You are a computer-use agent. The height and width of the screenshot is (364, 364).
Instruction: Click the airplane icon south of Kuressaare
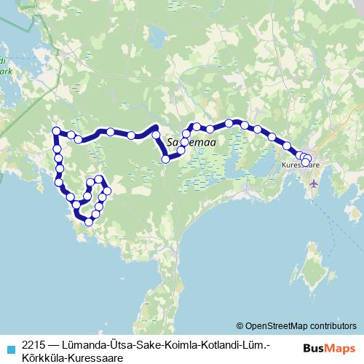point(314,182)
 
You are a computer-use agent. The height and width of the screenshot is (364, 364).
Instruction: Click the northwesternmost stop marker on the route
point(56,131)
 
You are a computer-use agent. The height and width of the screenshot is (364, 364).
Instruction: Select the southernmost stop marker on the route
point(90,223)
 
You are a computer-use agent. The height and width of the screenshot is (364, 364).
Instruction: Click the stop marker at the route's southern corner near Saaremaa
point(166,159)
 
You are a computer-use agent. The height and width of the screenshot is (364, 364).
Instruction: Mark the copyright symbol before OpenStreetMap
point(240,325)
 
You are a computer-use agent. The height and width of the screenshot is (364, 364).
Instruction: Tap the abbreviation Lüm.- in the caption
point(256,343)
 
